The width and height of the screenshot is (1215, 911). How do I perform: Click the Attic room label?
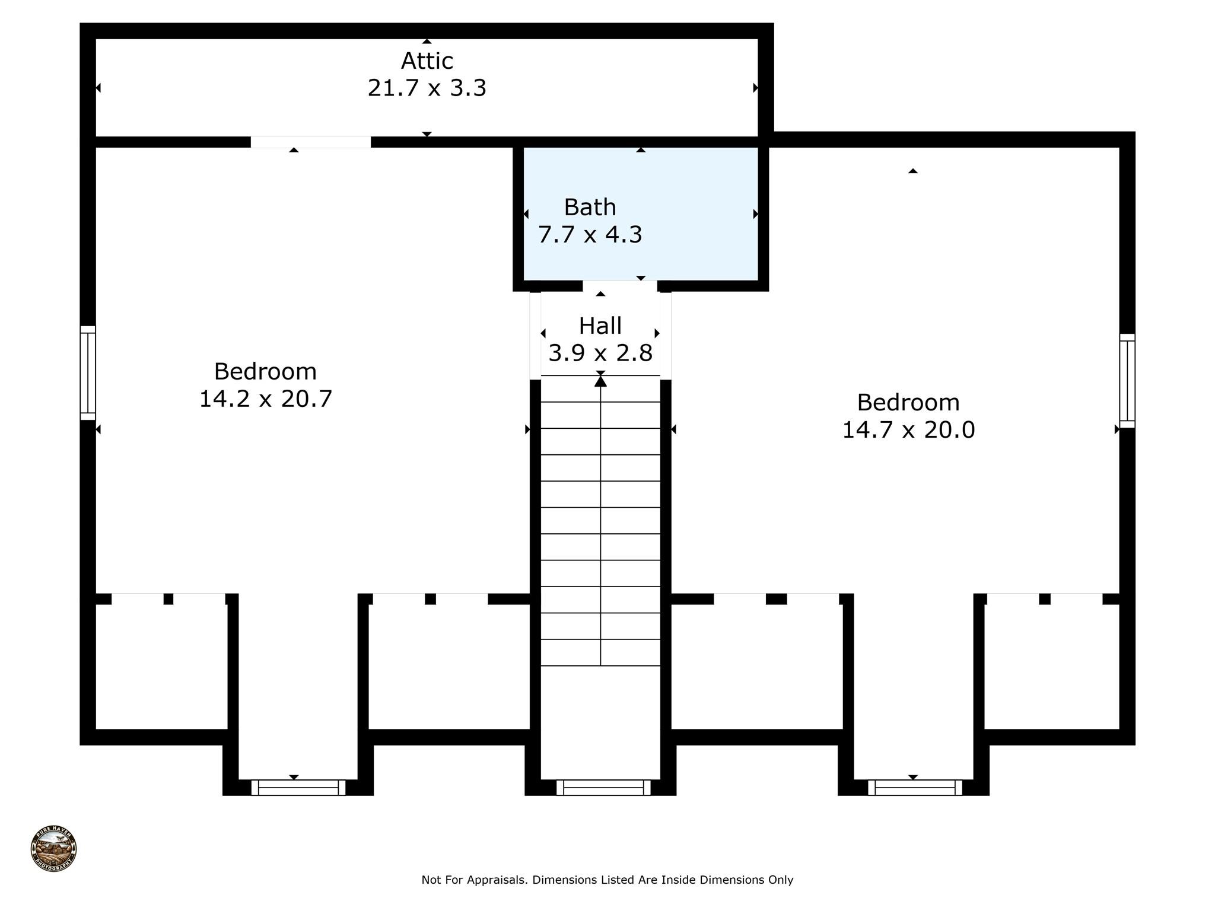click(x=427, y=61)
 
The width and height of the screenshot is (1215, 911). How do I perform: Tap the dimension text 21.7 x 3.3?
click(x=427, y=88)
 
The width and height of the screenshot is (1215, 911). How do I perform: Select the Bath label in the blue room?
click(x=590, y=207)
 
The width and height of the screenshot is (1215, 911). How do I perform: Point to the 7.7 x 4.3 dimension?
click(x=590, y=234)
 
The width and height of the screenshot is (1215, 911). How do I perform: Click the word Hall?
click(x=600, y=326)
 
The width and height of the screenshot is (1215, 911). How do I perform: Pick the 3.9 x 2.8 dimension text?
click(x=600, y=353)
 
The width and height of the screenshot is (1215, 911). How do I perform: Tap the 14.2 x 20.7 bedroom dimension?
click(x=266, y=399)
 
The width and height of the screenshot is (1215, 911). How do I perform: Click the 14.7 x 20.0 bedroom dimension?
click(x=908, y=429)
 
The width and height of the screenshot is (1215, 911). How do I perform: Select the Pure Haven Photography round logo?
click(x=54, y=849)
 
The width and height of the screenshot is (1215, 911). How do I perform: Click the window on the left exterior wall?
click(x=88, y=373)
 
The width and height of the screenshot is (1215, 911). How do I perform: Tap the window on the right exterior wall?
click(x=1127, y=381)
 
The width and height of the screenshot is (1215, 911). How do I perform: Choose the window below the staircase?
click(x=603, y=788)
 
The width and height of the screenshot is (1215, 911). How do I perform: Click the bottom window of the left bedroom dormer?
click(x=298, y=788)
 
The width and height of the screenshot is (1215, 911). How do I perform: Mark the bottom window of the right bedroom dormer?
click(x=915, y=788)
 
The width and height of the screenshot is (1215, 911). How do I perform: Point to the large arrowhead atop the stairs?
click(x=601, y=381)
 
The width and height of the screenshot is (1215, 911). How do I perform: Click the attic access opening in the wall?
click(x=311, y=142)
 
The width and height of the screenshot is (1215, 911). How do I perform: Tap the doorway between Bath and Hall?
click(x=620, y=286)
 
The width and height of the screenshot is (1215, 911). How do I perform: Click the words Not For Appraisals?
click(x=474, y=880)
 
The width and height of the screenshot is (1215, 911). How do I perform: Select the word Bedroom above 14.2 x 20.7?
click(x=265, y=371)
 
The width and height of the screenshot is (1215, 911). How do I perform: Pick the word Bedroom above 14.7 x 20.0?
click(x=908, y=403)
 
